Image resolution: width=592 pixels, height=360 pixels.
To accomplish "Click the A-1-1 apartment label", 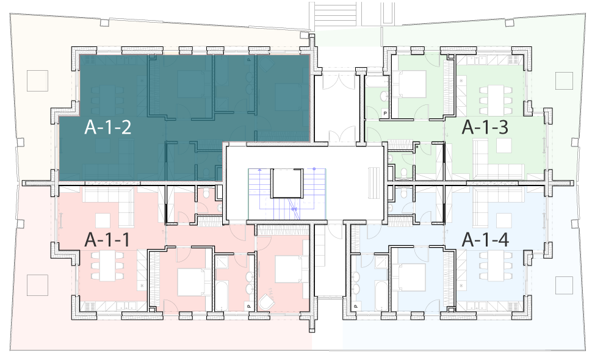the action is pyautogui.click(x=107, y=240).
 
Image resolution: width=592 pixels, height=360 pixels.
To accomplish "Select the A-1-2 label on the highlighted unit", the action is pyautogui.click(x=107, y=127).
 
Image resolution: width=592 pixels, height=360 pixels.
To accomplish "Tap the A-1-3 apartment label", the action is pyautogui.click(x=485, y=127).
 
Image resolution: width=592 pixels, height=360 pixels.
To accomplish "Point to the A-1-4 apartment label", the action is pyautogui.click(x=485, y=240).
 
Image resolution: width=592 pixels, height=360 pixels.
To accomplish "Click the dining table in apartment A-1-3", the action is pyautogui.click(x=496, y=100).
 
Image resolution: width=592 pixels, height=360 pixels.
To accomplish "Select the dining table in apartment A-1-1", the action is pyautogui.click(x=107, y=266).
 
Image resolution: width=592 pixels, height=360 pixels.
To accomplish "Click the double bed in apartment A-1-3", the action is pyautogui.click(x=405, y=84).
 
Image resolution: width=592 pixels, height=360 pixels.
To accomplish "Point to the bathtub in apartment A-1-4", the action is pyautogui.click(x=381, y=296).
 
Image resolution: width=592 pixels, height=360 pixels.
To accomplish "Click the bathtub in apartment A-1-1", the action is pyautogui.click(x=222, y=296).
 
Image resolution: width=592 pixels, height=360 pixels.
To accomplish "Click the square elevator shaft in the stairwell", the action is pyautogui.click(x=287, y=184).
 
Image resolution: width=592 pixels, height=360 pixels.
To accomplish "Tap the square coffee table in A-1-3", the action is pyautogui.click(x=504, y=145).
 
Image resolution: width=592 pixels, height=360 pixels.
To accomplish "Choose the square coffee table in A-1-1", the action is pyautogui.click(x=103, y=221).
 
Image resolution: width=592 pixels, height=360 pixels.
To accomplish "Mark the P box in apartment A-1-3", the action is pyautogui.click(x=385, y=113).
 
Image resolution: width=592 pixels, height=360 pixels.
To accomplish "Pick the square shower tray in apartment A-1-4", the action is pyautogui.click(x=381, y=262).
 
